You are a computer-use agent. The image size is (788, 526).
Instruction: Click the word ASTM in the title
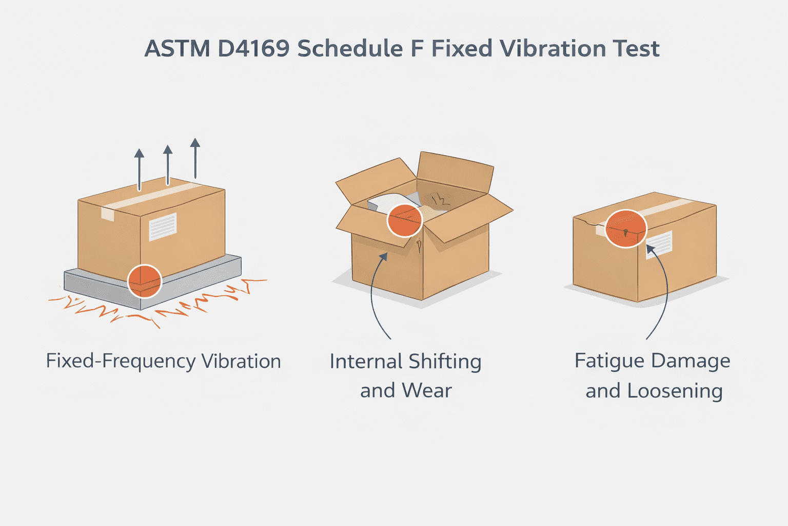coord(178,49)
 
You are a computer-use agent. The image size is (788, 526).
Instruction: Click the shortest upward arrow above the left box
coord(139,170)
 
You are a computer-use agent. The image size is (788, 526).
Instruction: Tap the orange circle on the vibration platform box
coord(145,281)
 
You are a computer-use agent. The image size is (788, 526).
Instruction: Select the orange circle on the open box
coord(404,220)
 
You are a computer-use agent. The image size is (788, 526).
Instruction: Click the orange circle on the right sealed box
coord(625,229)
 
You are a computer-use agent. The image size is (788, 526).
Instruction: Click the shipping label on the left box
coord(163,227)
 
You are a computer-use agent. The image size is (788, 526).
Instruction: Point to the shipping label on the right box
coord(660,243)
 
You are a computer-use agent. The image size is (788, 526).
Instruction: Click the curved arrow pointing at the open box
coord(373,298)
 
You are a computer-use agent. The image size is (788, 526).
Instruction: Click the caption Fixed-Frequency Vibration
coord(163,361)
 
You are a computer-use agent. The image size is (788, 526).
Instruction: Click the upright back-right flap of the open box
coord(455,172)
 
